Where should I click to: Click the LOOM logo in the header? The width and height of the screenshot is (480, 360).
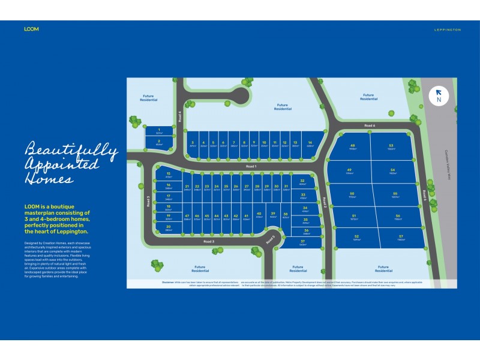tap(31, 29)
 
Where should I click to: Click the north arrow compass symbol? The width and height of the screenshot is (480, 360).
tap(439, 95)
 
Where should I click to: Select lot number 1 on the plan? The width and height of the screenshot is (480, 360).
tap(158, 131)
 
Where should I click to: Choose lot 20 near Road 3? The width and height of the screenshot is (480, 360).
tap(169, 227)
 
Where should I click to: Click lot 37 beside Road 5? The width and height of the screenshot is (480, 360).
tap(302, 242)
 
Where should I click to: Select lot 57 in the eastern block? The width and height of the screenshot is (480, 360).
tap(400, 238)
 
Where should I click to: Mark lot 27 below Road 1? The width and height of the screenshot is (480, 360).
tap(247, 188)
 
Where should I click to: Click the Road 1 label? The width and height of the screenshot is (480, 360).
tap(251, 166)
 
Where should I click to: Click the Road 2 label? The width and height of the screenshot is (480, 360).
tap(324, 201)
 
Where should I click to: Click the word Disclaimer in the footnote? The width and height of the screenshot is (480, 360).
tap(172, 281)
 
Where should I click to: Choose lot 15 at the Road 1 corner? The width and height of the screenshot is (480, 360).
tap(169, 175)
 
